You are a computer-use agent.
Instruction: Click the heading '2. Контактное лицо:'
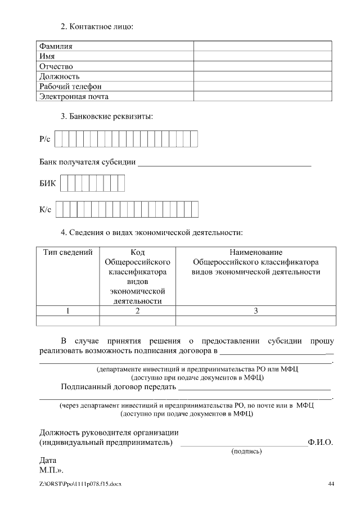pyautogui.click(x=97, y=26)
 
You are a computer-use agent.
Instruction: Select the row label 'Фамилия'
pyautogui.click(x=55, y=46)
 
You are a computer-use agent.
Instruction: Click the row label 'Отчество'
pyautogui.click(x=56, y=66)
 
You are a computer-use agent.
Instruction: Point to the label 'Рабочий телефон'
pyautogui.click(x=70, y=87)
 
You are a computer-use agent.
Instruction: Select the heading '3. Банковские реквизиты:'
pyautogui.click(x=107, y=117)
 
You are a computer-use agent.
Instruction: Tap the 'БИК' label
pyautogui.click(x=47, y=184)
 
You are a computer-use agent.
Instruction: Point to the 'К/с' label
pyautogui.click(x=46, y=210)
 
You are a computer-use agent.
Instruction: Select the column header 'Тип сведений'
pyautogui.click(x=67, y=253)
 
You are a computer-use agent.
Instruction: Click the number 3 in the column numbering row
pyautogui.click(x=256, y=310)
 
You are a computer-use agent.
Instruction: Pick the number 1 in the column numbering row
pyautogui.click(x=67, y=310)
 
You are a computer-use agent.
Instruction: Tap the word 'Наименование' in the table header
pyautogui.click(x=256, y=253)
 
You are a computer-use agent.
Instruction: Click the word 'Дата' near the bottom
pyautogui.click(x=48, y=460)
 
